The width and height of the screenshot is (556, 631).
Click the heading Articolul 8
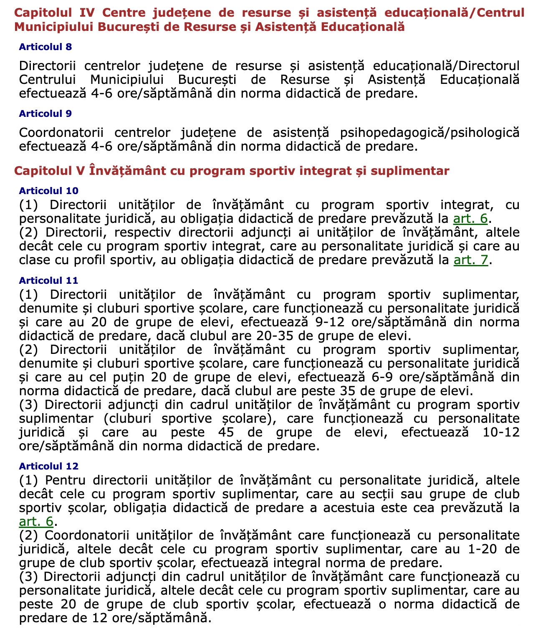pyautogui.click(x=45, y=47)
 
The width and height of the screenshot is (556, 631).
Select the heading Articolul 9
pyautogui.click(x=45, y=114)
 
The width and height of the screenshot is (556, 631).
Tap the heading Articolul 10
pyautogui.click(x=48, y=191)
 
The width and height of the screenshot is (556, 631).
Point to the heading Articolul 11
pyautogui.click(x=48, y=280)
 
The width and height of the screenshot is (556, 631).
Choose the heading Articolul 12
pyautogui.click(x=48, y=466)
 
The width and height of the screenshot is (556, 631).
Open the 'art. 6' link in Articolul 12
pyautogui.click(x=36, y=522)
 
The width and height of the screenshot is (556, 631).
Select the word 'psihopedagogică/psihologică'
pyautogui.click(x=430, y=133)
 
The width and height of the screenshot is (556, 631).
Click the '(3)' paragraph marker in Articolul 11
pyautogui.click(x=29, y=405)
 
